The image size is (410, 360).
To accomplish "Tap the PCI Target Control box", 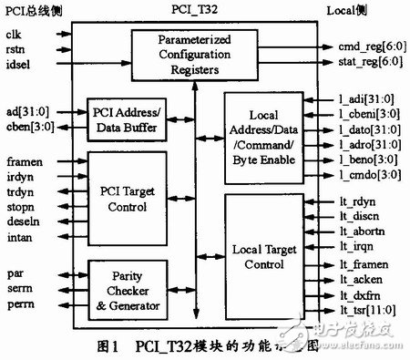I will pyautogui.click(x=128, y=197).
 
